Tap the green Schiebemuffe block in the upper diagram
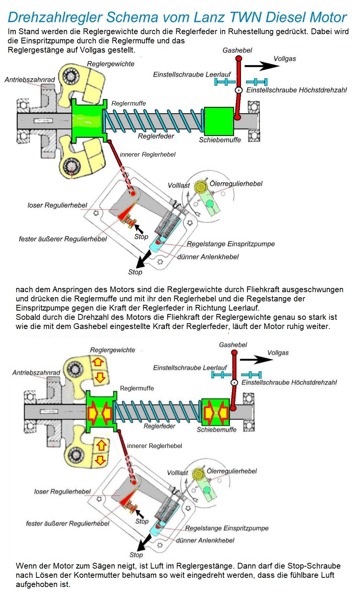pyautogui.click(x=219, y=121)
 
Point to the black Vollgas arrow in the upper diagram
pyautogui.click(x=262, y=66)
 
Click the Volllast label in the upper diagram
pyautogui.click(x=178, y=185)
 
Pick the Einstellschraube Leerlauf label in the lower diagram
pyautogui.click(x=190, y=368)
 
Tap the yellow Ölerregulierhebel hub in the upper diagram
pyautogui.click(x=200, y=187)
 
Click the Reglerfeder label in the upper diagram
pyautogui.click(x=156, y=136)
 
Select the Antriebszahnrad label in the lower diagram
pyautogui.click(x=36, y=372)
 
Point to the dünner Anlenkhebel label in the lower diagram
pyautogui.click(x=205, y=540)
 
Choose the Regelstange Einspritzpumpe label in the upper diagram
pyautogui.click(x=231, y=244)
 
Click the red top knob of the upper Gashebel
pyautogui.click(x=238, y=59)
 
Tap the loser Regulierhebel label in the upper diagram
pyautogui.click(x=57, y=205)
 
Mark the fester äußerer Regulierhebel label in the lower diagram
pyautogui.click(x=68, y=523)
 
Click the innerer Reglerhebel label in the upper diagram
pyautogui.click(x=147, y=154)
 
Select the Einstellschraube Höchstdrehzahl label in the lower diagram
pyautogui.click(x=289, y=382)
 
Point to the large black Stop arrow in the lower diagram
pyautogui.click(x=145, y=542)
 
